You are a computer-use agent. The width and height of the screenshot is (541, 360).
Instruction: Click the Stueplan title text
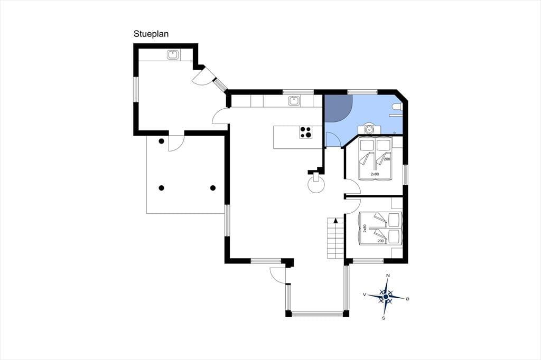coord(151,34)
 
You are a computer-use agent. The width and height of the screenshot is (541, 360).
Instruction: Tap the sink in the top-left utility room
coord(173,55)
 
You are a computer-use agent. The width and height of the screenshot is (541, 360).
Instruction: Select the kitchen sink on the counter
coord(294,101)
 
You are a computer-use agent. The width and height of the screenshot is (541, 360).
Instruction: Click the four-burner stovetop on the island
coord(306,132)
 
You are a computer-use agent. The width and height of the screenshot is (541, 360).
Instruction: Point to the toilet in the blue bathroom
coord(397,108)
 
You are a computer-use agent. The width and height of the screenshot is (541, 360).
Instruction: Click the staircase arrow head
coord(335,221)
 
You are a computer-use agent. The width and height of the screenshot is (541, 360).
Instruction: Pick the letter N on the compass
coord(388,275)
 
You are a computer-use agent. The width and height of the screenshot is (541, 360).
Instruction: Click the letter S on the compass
coord(384,318)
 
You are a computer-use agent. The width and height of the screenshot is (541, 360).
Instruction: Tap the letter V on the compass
coord(365,295)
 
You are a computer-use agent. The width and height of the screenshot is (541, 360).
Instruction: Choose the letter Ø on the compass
coord(407,299)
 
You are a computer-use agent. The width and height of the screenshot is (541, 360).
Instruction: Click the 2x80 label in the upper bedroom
coord(375,174)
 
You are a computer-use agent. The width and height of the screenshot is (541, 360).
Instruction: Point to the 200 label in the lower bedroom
coord(381,241)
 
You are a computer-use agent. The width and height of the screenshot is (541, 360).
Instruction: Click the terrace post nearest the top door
coord(161,141)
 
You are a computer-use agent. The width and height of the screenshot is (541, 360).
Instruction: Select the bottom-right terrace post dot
coord(213,188)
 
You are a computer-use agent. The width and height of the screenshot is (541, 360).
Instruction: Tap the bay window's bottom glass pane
coord(318,314)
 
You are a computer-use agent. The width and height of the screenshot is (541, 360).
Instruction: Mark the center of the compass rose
coord(386,297)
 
